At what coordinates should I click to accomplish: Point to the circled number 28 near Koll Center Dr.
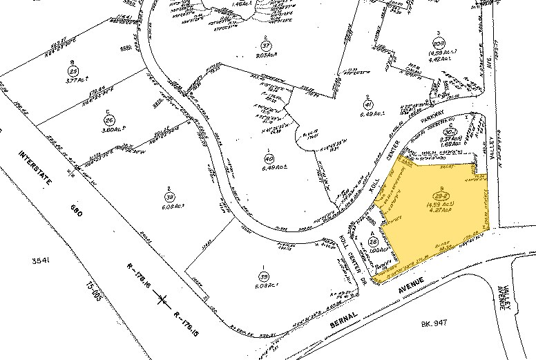pyautogui.click(x=374, y=242)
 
